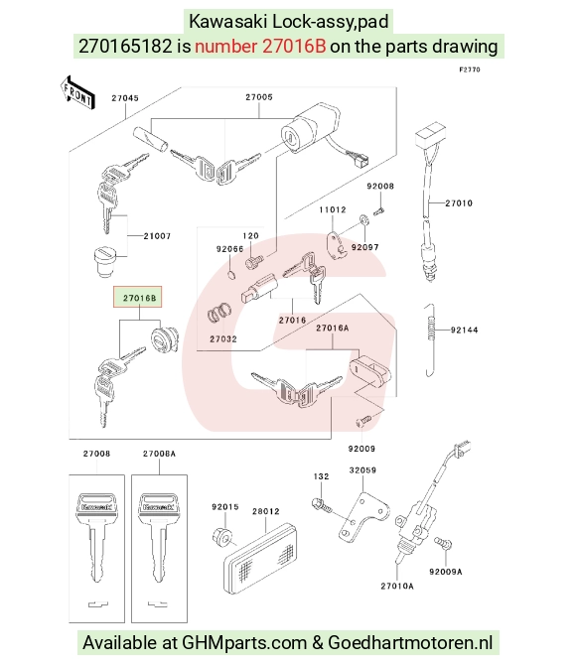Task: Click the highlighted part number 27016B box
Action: point(137,297)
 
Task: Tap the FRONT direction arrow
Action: point(77,93)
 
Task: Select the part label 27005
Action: point(259,97)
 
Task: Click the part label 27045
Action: point(125,98)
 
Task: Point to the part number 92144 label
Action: point(464,330)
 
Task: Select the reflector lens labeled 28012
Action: point(260,558)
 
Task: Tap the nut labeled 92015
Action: point(222,536)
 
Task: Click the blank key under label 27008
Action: point(96,537)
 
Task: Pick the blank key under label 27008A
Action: point(159,537)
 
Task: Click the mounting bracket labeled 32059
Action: point(363,516)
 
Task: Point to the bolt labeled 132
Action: point(322,505)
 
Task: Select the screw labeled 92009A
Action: point(443,543)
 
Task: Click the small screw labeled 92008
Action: point(378,210)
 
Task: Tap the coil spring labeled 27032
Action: point(219,314)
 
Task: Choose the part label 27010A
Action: point(397,586)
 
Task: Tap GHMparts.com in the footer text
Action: point(244,643)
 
